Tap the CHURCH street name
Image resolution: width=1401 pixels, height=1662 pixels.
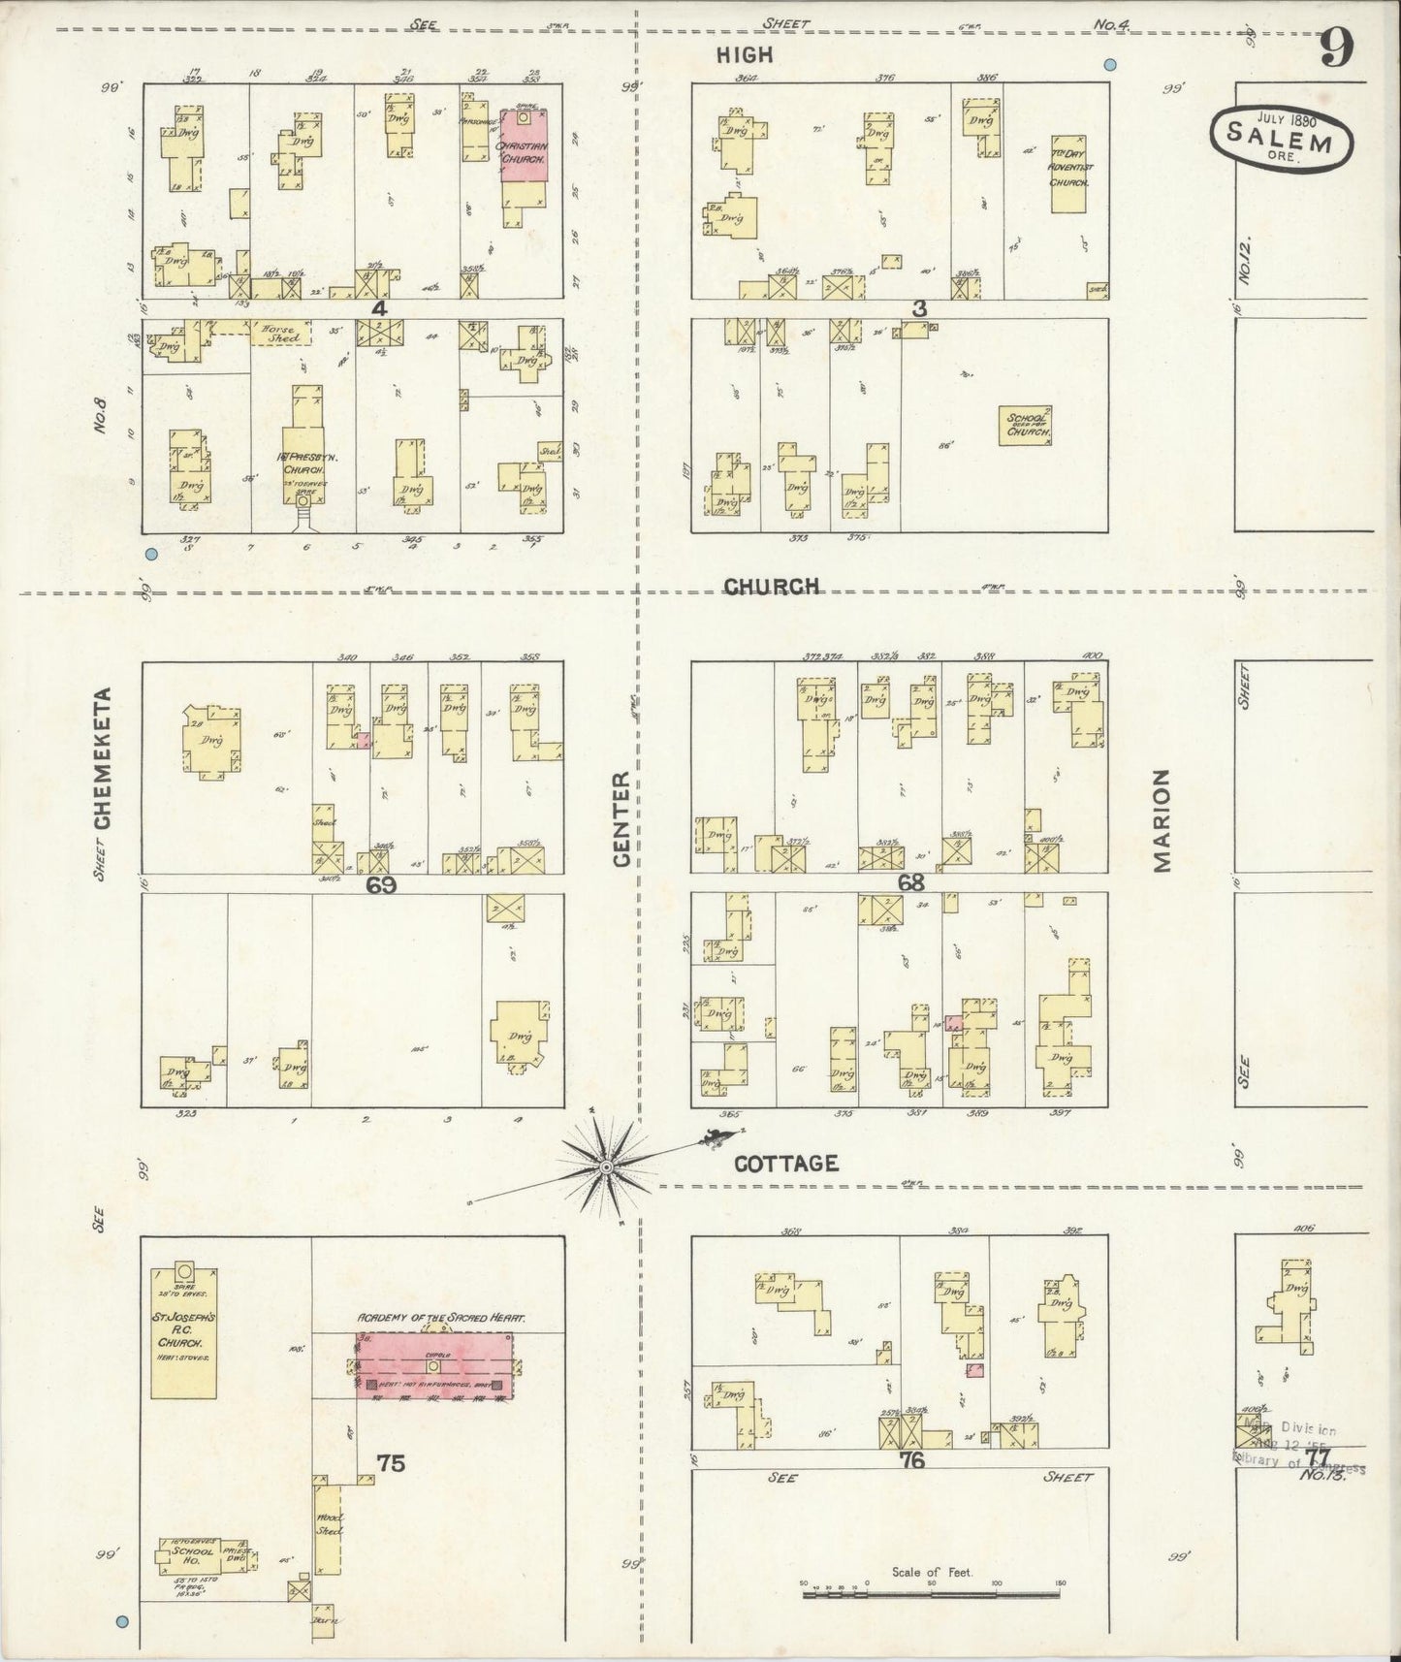772,586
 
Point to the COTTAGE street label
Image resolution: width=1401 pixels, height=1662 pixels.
785,1164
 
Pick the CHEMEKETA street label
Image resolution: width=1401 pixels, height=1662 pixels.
103,758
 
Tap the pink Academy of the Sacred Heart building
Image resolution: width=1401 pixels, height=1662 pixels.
433,1365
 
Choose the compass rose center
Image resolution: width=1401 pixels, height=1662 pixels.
607,1168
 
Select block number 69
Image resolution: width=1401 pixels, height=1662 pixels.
381,884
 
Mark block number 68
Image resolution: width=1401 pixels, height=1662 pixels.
910,882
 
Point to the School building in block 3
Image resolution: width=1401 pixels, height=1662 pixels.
1026,425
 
